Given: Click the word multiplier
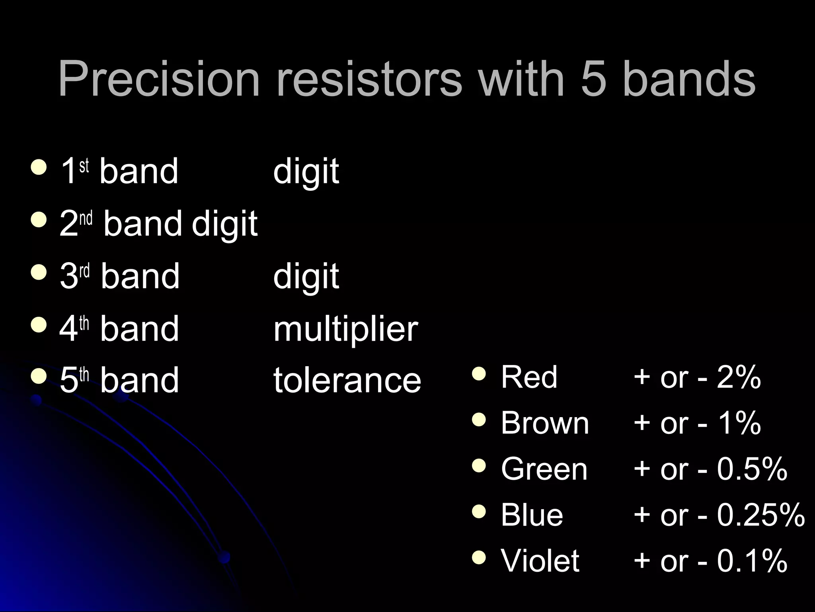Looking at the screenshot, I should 345,329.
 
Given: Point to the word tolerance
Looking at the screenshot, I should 347,380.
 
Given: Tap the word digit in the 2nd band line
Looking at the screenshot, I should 224,224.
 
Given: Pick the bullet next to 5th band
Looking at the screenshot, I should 39,376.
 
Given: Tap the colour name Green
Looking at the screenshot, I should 544,469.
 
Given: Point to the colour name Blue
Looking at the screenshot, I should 532,515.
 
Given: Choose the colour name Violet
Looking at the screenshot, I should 540,561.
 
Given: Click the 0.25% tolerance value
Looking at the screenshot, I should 760,515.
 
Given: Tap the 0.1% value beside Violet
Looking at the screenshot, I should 752,561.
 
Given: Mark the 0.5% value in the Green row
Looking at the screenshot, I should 752,469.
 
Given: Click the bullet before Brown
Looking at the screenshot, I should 479,420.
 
